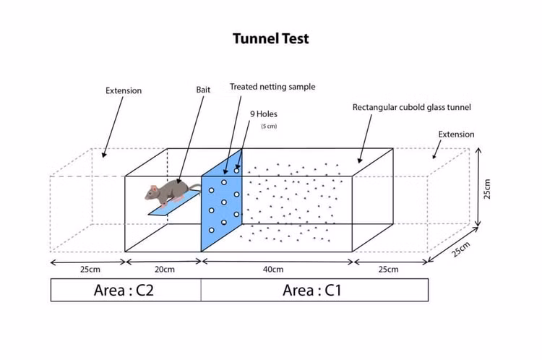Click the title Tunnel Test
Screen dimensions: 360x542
[270, 38]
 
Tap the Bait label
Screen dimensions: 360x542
[203, 90]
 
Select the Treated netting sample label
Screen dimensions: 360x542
[272, 87]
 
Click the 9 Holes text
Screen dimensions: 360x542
[264, 114]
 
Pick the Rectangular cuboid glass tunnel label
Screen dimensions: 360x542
[411, 108]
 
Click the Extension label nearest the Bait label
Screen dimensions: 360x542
[124, 91]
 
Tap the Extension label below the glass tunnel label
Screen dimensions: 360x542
[456, 134]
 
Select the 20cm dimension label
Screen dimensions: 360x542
[164, 270]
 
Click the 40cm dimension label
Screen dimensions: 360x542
[273, 270]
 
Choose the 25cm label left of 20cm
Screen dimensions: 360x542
[90, 270]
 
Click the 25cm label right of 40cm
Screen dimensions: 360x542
[387, 270]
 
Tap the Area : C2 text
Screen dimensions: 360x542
[124, 290]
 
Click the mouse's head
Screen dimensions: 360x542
[153, 192]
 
